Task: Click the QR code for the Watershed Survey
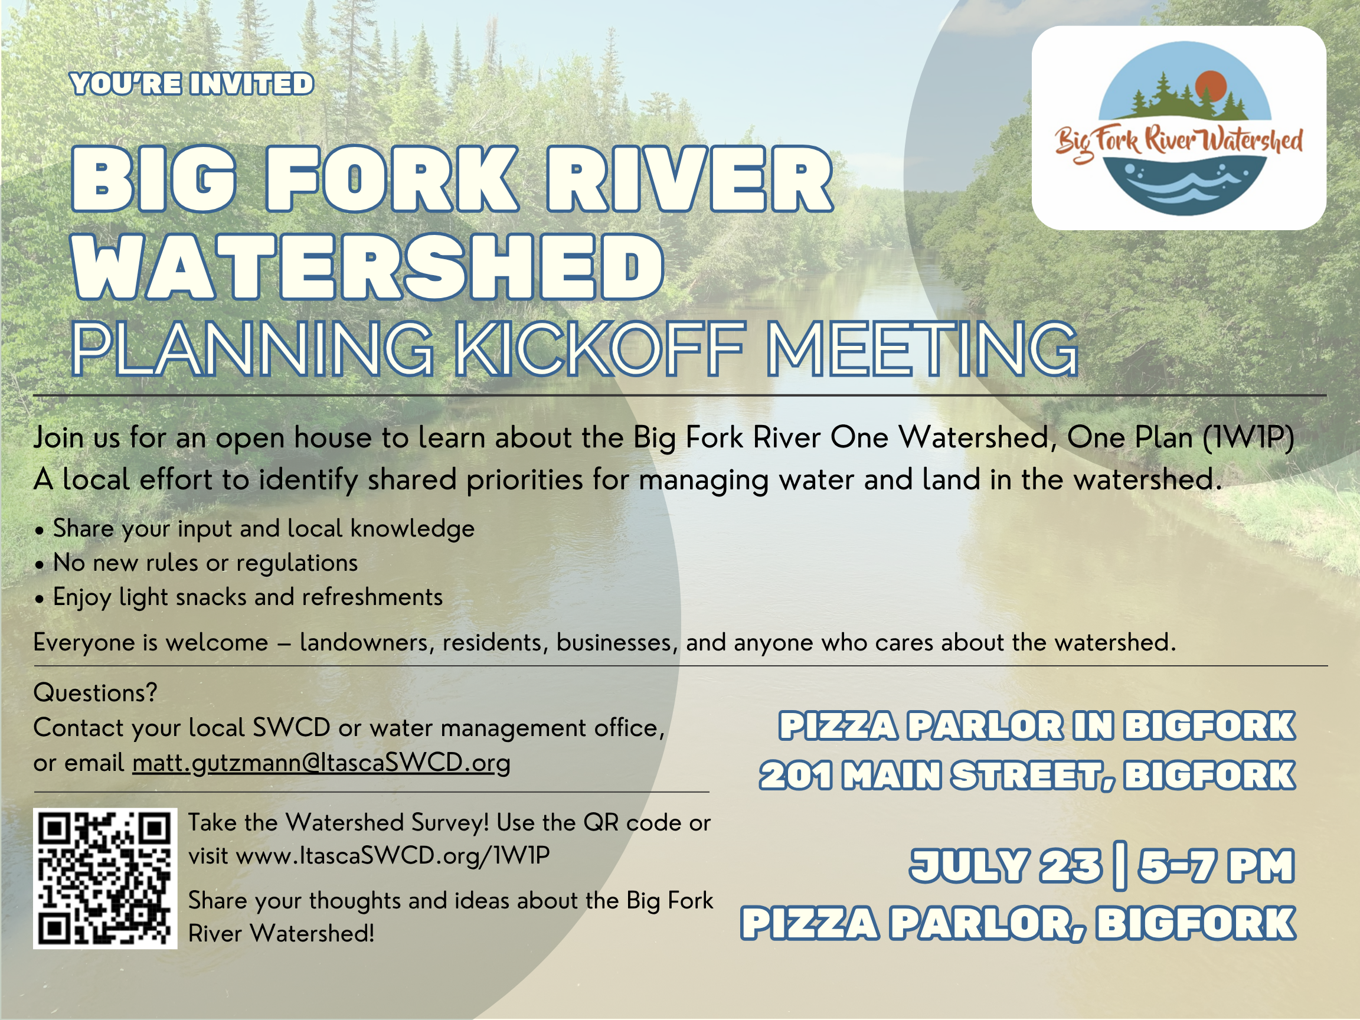point(105,878)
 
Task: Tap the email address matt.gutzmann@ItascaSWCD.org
point(321,764)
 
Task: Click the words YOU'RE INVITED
point(192,84)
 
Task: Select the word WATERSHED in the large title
point(368,266)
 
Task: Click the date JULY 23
point(1006,866)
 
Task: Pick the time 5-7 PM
point(1216,866)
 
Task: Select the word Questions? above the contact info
point(95,693)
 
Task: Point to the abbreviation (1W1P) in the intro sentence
point(1248,438)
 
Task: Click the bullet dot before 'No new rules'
point(40,564)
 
